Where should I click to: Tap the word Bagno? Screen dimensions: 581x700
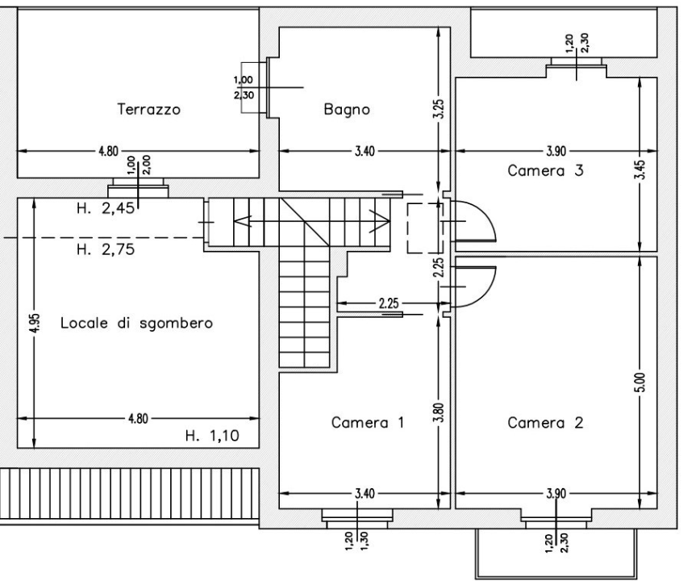tap(347, 110)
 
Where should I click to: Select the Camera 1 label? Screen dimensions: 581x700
tap(368, 422)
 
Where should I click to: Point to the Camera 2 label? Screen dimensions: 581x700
tap(544, 422)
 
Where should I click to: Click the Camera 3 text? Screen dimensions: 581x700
tap(544, 171)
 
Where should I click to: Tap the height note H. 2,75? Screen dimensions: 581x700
tap(106, 249)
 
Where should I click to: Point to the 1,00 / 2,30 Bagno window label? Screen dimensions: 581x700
tap(243, 87)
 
